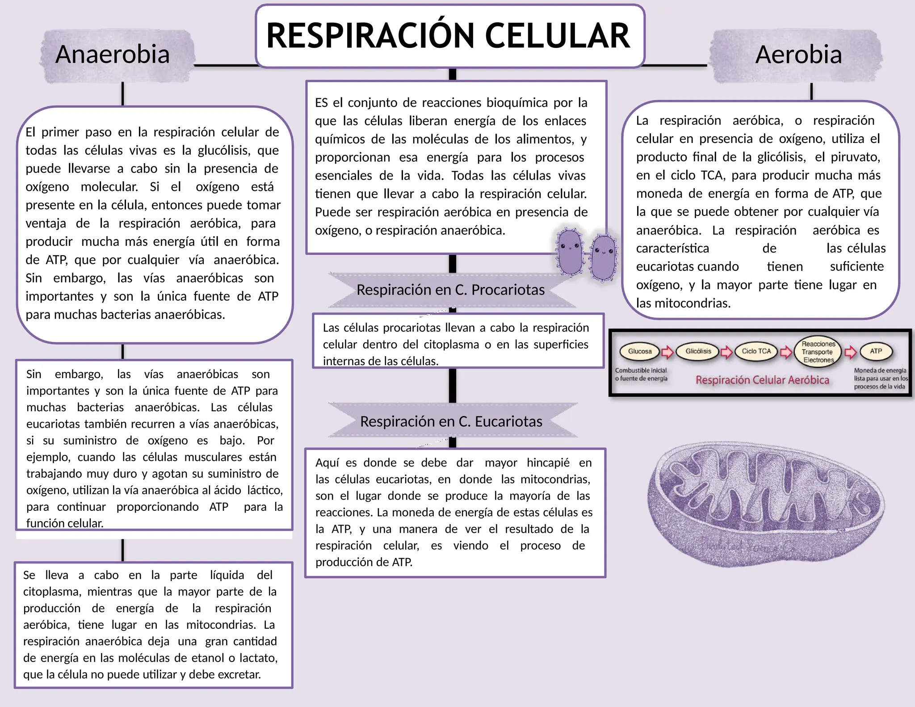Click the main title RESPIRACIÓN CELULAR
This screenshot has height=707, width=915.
tap(449, 36)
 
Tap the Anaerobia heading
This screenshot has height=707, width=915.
tap(113, 55)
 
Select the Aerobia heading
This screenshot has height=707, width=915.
tap(798, 55)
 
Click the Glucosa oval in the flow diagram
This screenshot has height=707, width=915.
tap(640, 351)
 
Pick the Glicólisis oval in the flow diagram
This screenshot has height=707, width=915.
tap(698, 351)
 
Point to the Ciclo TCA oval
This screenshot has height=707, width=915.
tap(756, 351)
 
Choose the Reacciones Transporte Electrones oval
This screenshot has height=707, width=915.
tap(818, 352)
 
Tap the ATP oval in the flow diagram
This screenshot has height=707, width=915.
tap(876, 351)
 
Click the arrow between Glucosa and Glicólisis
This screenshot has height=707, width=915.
tap(667, 352)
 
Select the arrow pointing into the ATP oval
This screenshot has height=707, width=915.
tap(851, 352)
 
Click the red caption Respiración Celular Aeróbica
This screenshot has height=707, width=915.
tap(762, 380)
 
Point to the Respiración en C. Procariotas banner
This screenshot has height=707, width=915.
tap(450, 290)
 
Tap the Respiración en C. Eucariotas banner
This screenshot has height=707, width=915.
tap(451, 421)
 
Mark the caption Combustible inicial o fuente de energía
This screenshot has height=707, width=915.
tap(641, 375)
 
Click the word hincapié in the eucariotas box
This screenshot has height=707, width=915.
tap(548, 463)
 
